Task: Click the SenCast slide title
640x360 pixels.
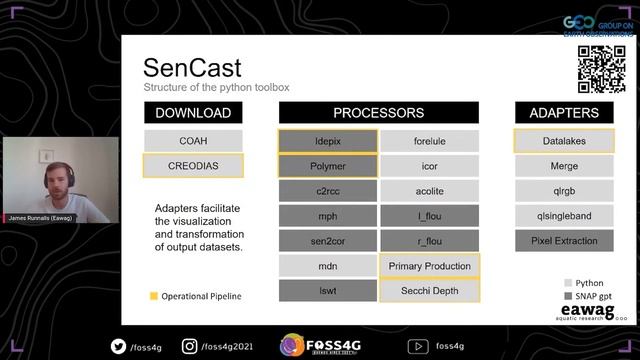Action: pos(191,67)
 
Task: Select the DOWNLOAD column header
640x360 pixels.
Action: pos(193,113)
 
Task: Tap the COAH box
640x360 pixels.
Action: pos(193,141)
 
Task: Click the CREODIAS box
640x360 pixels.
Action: pos(193,166)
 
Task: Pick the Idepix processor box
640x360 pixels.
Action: pos(328,141)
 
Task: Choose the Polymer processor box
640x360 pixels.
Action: pos(328,166)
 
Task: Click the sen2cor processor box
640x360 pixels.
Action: pos(328,241)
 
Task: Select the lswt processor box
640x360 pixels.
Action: pos(328,291)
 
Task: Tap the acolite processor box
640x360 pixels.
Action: pos(429,191)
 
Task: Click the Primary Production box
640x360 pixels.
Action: pos(429,266)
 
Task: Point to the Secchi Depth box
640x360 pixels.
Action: pos(429,291)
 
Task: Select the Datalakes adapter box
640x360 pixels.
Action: pos(564,141)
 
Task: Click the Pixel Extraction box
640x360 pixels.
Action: pos(564,241)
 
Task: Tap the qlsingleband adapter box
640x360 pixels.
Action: pos(564,216)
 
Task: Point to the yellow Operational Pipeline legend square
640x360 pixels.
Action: pos(153,296)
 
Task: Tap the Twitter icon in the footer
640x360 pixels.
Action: pos(118,346)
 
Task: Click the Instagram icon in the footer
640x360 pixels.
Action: pos(189,346)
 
